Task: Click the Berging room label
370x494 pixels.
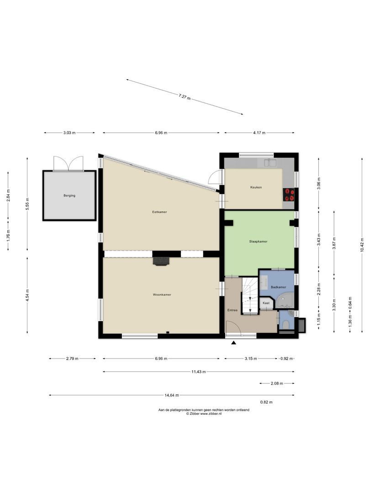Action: point(69,195)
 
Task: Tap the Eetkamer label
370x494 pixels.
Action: point(159,212)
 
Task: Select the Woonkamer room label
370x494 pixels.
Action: point(162,295)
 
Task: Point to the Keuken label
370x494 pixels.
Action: point(256,188)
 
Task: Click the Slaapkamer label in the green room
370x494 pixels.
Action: point(258,241)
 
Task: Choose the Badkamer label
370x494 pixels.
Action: point(278,287)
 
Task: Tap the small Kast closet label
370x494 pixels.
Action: point(266,303)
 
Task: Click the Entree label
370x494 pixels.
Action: point(233,310)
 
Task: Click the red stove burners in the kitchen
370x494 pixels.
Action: point(289,195)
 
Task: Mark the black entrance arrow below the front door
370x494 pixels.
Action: point(234,343)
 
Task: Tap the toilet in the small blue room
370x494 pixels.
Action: point(285,324)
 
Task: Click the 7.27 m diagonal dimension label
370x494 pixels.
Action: point(185,97)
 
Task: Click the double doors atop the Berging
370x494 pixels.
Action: point(69,164)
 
